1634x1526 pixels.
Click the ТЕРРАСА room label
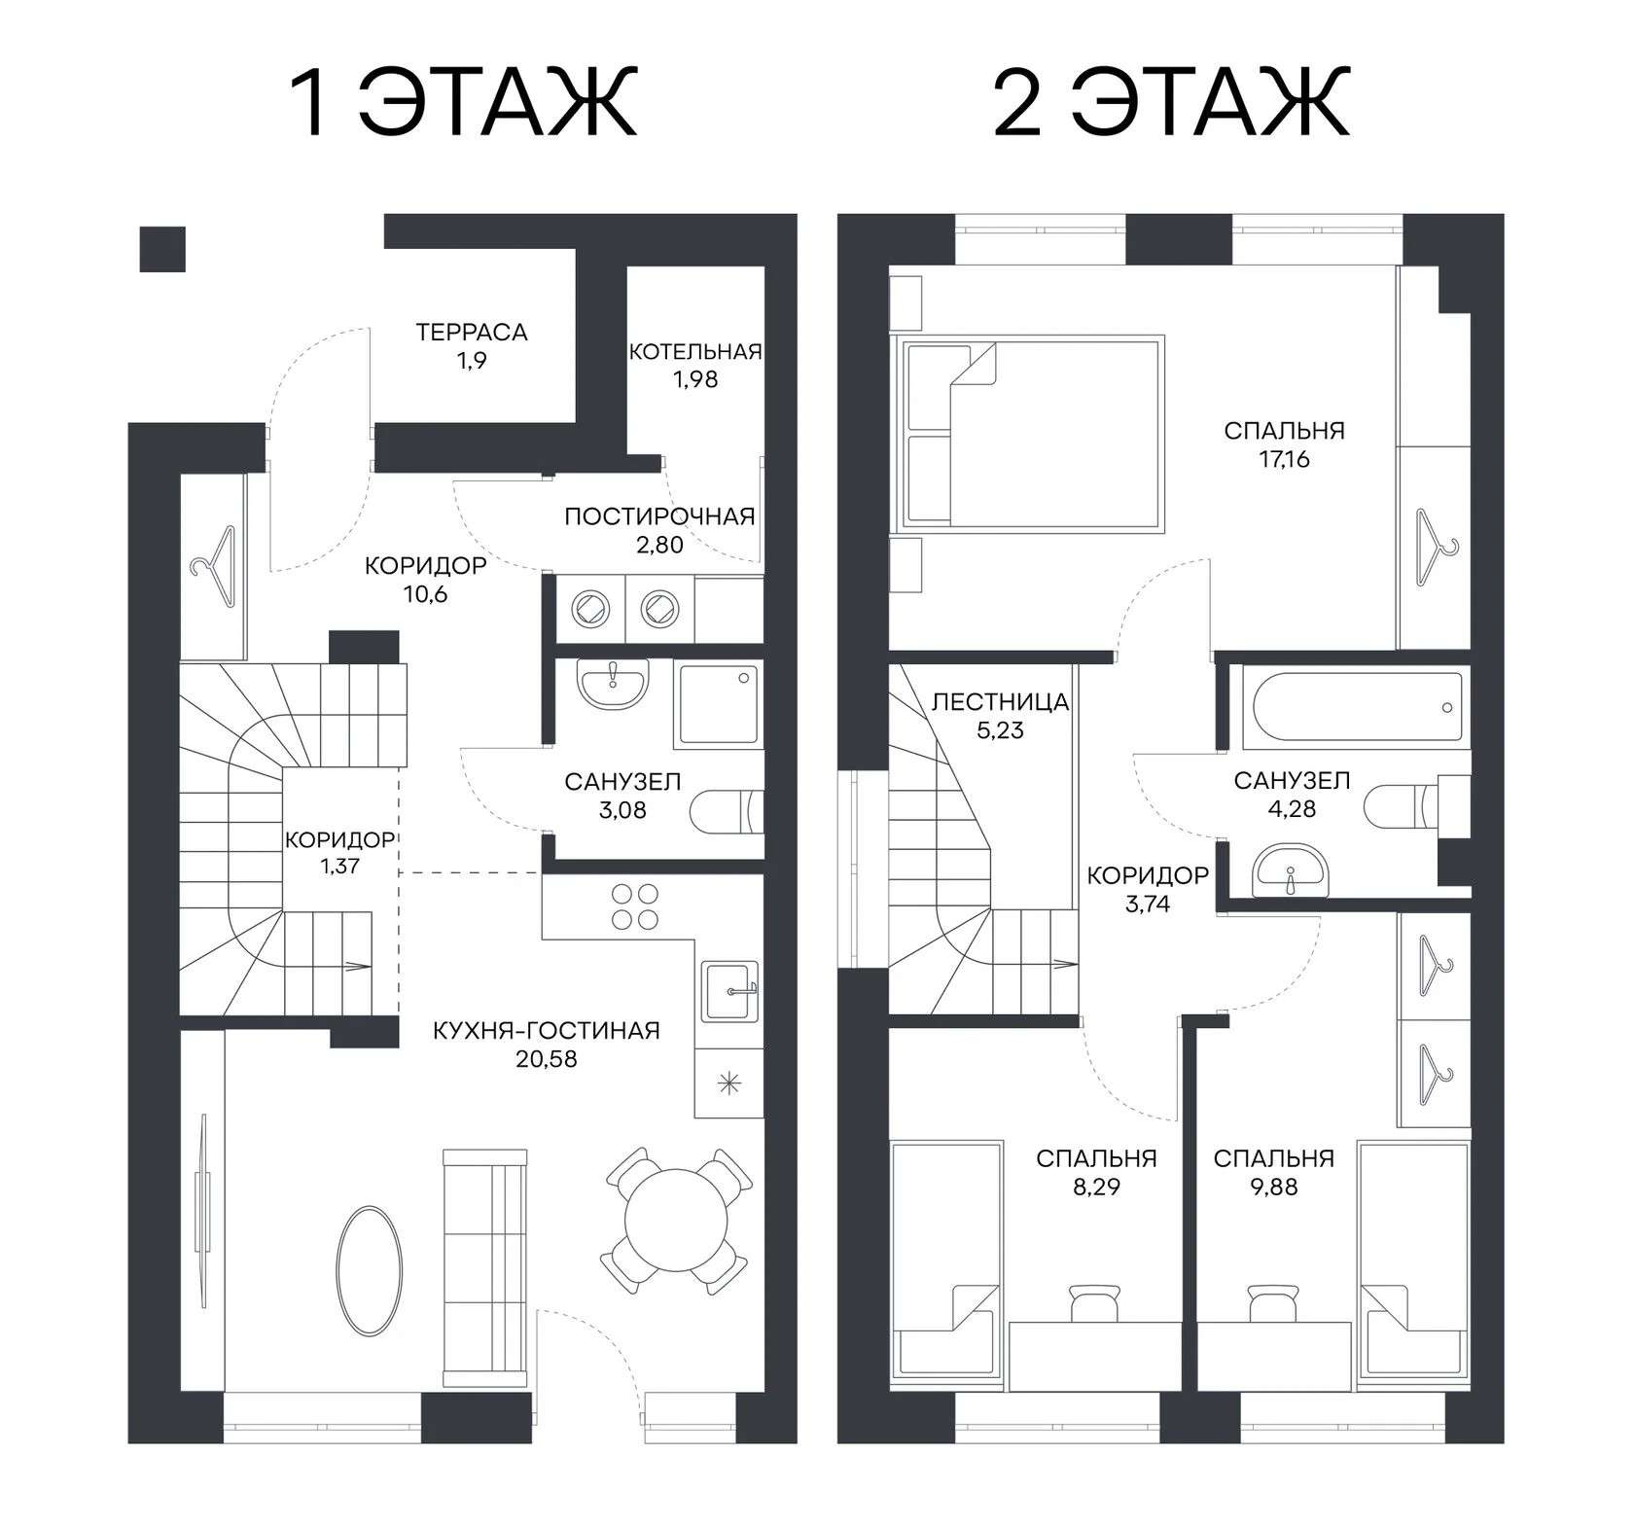point(472,332)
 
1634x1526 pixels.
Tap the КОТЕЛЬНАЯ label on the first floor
point(694,351)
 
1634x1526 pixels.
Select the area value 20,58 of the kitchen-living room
point(547,1059)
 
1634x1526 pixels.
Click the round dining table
point(677,1222)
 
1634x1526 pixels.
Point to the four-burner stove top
point(635,906)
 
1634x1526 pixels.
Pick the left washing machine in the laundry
point(590,608)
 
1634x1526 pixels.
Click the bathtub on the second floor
point(1358,708)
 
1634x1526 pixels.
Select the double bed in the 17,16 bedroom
point(1034,434)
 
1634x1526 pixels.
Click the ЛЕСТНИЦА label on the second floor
point(1000,701)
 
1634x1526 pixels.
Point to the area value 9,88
point(1274,1188)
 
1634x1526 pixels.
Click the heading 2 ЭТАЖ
point(1171,102)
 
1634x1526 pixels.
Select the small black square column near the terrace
point(162,249)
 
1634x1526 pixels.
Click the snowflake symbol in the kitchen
point(728,1082)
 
